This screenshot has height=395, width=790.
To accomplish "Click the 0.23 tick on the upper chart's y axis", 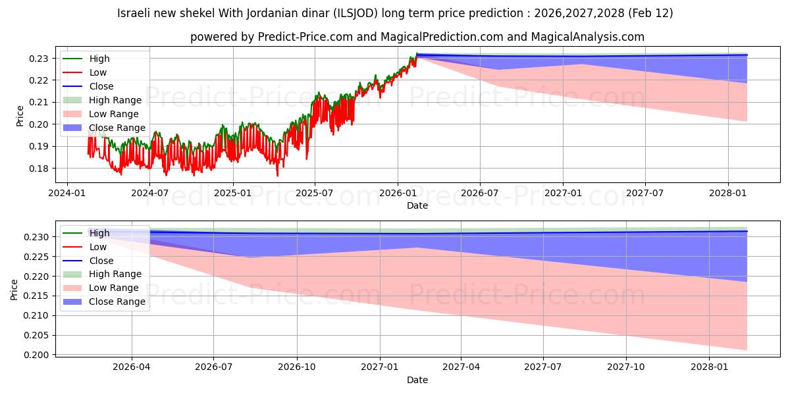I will pos(40,59).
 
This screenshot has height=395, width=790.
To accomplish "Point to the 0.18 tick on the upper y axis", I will pos(40,169).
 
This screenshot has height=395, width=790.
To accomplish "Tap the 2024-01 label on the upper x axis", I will pos(67,193).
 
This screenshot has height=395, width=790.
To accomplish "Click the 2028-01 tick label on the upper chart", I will pos(727,193).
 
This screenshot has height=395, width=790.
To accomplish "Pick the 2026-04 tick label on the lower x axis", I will pos(132,367).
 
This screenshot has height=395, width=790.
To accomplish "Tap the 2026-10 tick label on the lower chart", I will pos(297,367).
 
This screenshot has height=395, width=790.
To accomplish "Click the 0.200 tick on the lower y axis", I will pos(37,355).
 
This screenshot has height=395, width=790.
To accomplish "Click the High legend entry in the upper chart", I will pos(99,59).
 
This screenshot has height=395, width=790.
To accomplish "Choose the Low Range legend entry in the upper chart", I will pos(115,114).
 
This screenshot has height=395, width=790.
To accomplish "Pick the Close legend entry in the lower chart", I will pos(101,261).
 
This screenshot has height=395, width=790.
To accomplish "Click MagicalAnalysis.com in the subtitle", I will pos(579,38).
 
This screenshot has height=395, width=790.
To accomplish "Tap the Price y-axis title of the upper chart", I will pos(20,115).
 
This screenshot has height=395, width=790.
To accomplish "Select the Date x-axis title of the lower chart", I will pos(417,380).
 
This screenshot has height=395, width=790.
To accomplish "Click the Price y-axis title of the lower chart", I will pos(14,290).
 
